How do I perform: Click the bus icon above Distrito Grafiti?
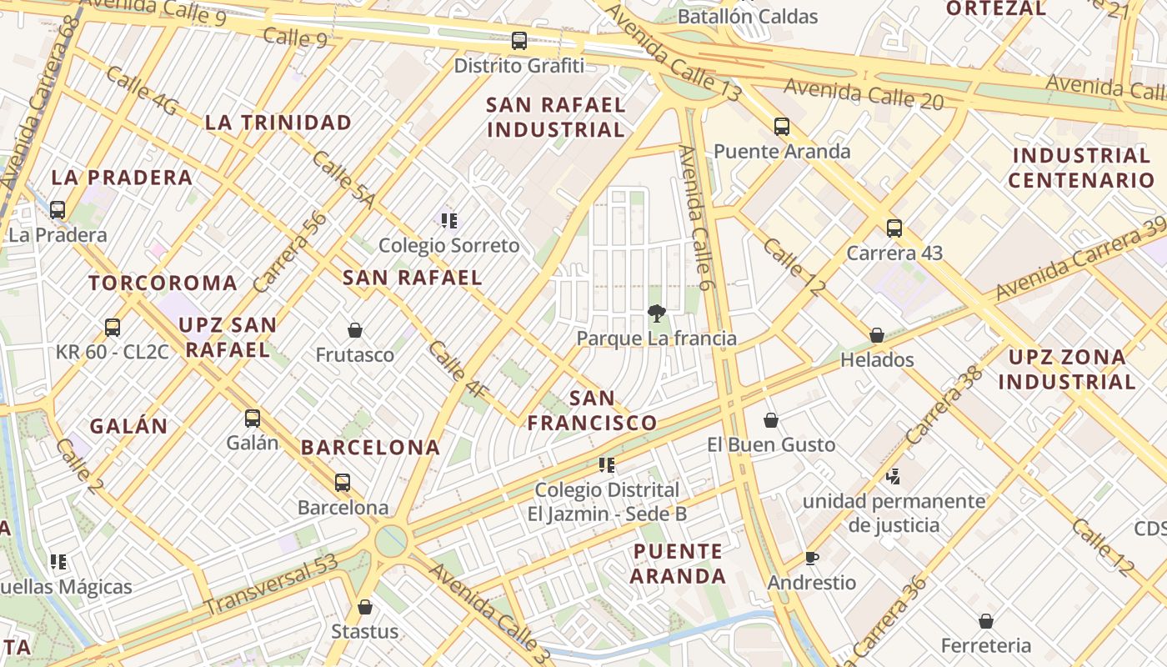[x=519, y=40]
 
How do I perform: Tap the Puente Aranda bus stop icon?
[x=782, y=127]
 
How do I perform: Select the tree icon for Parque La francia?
[x=657, y=313]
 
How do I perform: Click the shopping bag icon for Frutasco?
[x=355, y=330]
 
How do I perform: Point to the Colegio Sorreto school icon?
[x=449, y=221]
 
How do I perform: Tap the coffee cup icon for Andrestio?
[x=812, y=558]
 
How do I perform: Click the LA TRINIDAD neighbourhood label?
[x=278, y=123]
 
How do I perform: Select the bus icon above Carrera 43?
[x=894, y=228]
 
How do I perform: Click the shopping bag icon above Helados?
[x=877, y=335]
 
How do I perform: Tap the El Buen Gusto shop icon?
[x=771, y=420]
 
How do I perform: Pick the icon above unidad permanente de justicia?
[x=894, y=477]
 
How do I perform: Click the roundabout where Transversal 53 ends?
[x=391, y=540]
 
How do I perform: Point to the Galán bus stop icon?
[x=253, y=418]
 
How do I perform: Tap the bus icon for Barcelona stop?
[x=343, y=482]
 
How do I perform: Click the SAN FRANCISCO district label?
[x=592, y=410]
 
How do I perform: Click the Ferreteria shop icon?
[x=986, y=621]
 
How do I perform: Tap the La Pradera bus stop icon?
[x=58, y=209]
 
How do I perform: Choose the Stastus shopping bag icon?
[x=364, y=607]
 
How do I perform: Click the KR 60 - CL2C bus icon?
[x=113, y=327]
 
